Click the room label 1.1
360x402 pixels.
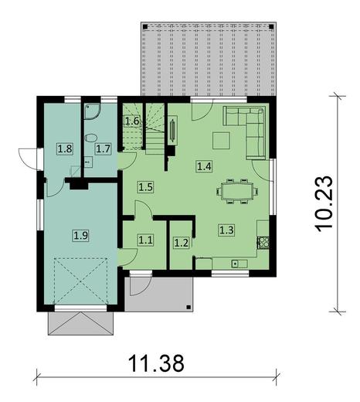145,240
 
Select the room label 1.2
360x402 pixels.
181,242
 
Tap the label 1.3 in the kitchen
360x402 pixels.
226,229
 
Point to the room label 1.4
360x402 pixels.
204,165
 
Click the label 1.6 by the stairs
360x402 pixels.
132,121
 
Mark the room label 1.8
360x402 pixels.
65,148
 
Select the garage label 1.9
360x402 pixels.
80,234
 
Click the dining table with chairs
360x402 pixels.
235,189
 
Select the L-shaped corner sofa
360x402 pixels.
249,124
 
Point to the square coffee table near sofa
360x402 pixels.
222,141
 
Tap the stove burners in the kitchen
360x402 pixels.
263,241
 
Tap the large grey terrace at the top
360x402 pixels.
209,58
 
